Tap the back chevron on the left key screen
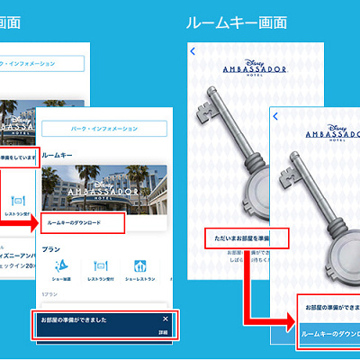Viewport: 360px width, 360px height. pos(193,52)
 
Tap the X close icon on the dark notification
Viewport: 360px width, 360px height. pos(165,319)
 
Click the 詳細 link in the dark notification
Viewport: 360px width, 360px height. pos(163,332)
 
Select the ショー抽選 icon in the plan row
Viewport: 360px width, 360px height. pos(57,268)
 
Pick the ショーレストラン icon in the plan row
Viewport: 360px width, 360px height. pos(140,268)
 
